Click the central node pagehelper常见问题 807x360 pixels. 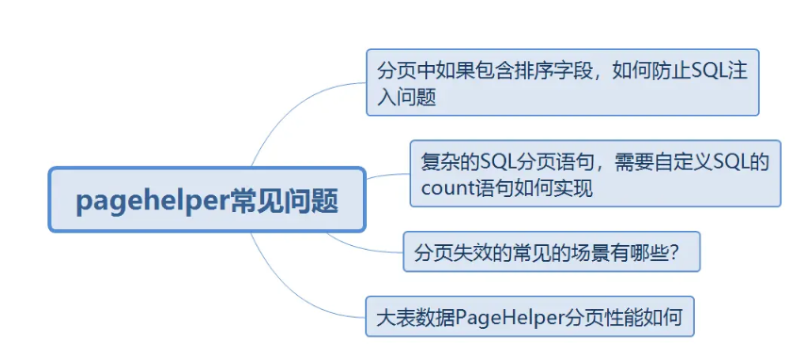tap(206, 200)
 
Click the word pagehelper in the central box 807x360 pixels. tap(152, 200)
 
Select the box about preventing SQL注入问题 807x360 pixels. tap(562, 83)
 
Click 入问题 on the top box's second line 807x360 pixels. tap(406, 96)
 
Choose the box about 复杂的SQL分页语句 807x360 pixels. tap(595, 173)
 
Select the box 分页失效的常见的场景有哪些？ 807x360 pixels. tap(551, 253)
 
